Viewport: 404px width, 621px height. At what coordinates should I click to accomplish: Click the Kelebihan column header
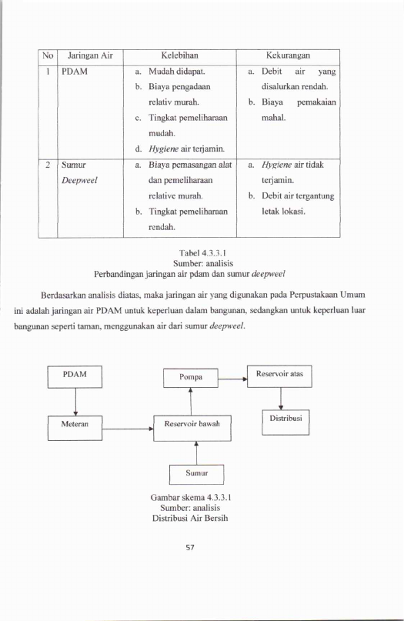(x=179, y=55)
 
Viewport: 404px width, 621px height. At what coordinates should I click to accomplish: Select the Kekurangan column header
(x=288, y=55)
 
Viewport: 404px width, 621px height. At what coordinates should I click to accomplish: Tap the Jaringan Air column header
(x=90, y=55)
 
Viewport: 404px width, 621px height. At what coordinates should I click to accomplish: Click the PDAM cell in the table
(x=75, y=72)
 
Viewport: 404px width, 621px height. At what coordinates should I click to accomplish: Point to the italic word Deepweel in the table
(x=79, y=181)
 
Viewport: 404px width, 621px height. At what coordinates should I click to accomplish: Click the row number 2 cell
(x=48, y=165)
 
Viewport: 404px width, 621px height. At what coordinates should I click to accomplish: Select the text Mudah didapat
(x=177, y=72)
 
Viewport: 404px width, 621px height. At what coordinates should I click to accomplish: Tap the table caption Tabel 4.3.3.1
(x=202, y=252)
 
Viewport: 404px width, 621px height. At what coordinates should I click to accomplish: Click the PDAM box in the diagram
(x=75, y=376)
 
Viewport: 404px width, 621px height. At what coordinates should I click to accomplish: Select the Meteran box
(x=75, y=428)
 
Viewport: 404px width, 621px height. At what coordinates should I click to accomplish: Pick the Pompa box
(x=191, y=378)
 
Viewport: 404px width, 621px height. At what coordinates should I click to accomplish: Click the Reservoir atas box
(x=279, y=376)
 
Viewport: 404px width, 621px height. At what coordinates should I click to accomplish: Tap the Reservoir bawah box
(x=192, y=428)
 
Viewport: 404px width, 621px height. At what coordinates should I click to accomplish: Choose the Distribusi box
(x=285, y=422)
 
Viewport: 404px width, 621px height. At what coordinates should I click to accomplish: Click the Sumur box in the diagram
(x=196, y=475)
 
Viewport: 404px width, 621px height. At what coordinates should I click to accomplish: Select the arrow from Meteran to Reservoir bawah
(x=128, y=429)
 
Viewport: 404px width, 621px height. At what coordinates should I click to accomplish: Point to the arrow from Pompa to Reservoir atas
(x=232, y=379)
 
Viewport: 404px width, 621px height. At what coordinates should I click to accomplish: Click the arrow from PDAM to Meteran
(x=75, y=402)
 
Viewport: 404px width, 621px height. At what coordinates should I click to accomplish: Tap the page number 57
(x=190, y=547)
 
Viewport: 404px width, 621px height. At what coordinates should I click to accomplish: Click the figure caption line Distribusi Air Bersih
(x=190, y=518)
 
